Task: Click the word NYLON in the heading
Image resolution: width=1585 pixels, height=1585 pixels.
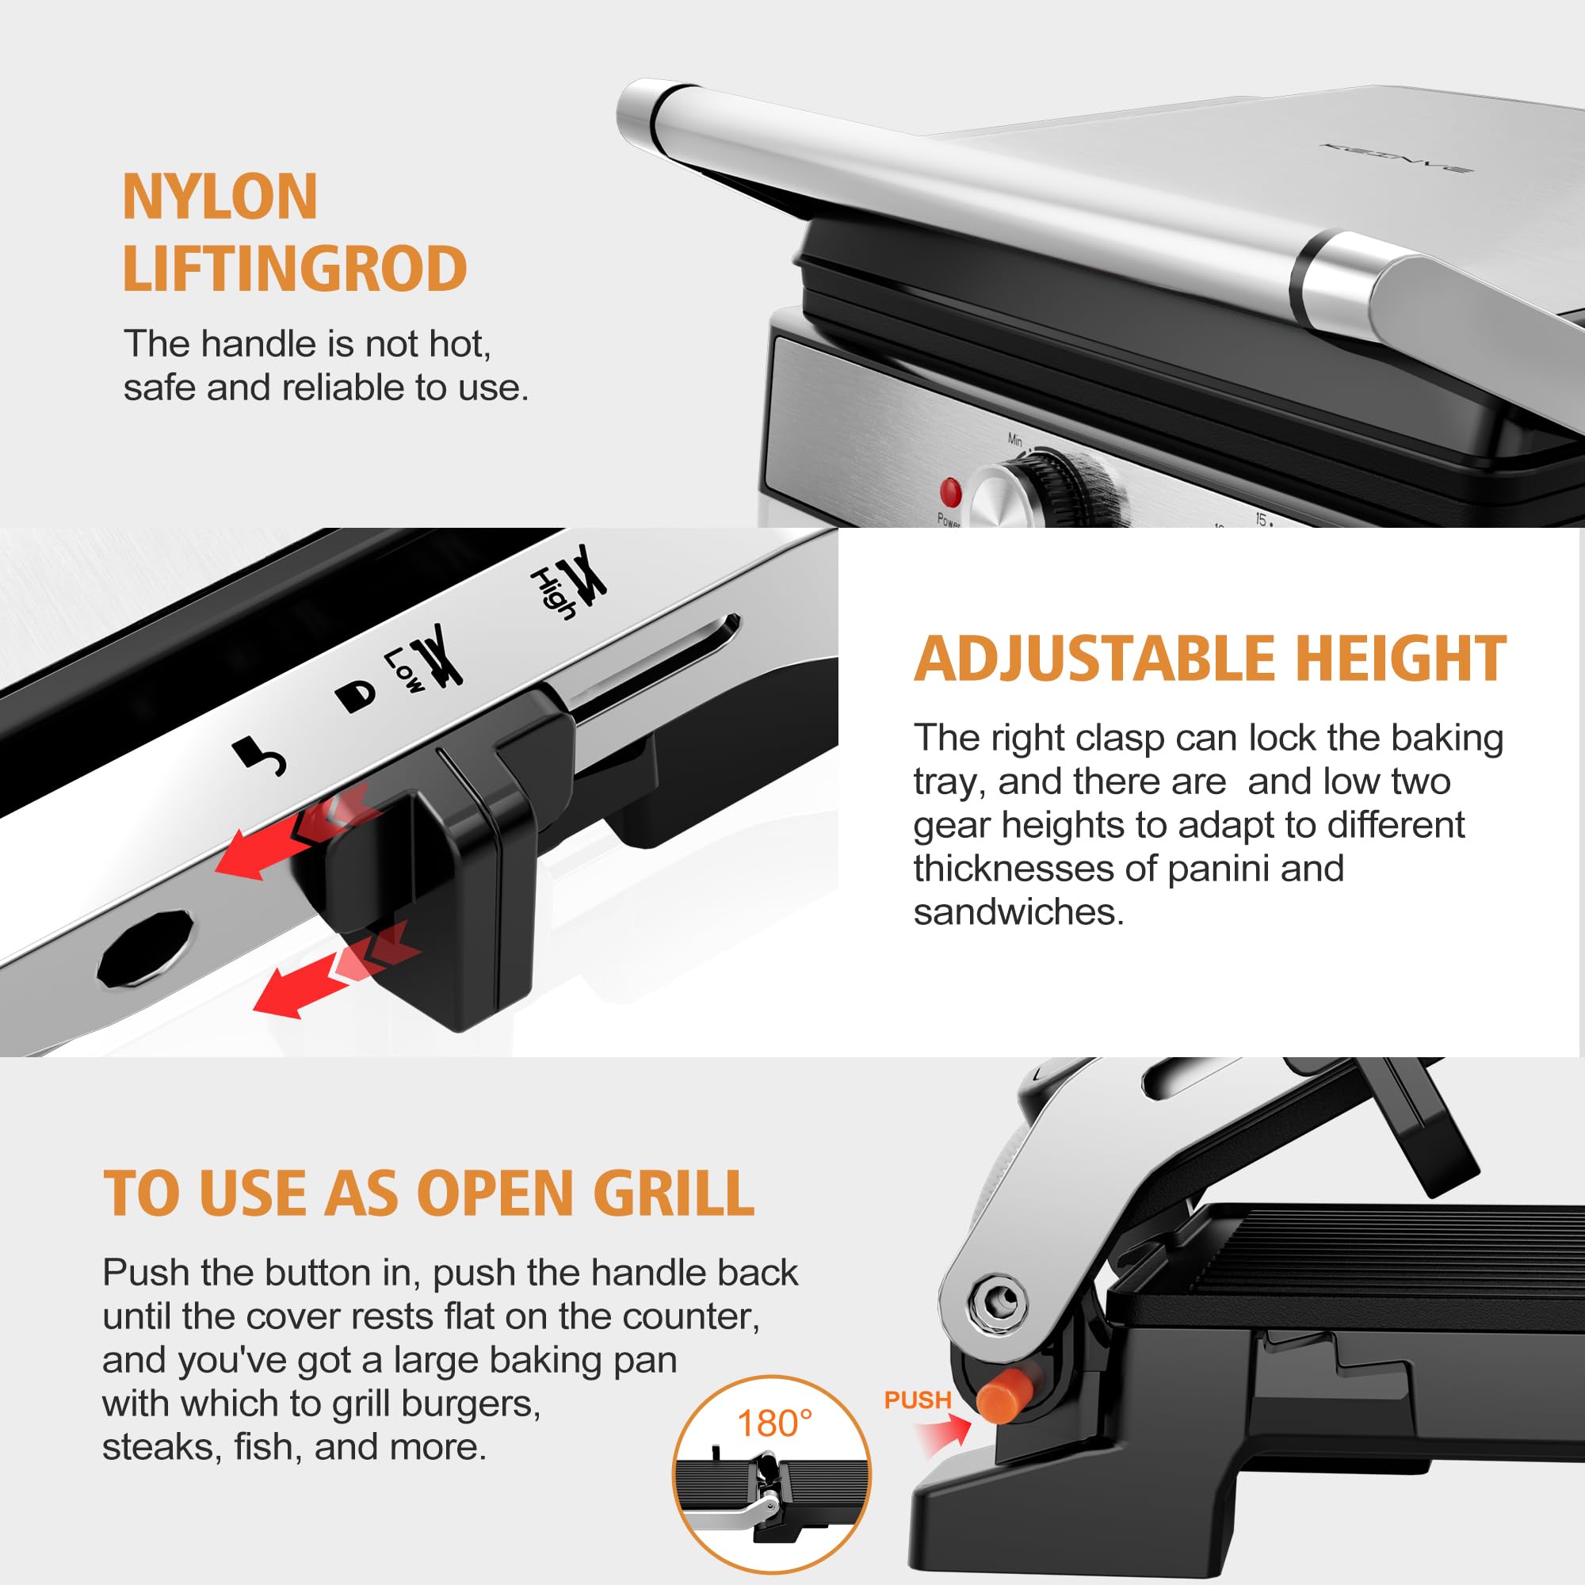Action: click(220, 197)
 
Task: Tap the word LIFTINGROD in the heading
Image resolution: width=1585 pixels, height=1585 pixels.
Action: click(295, 269)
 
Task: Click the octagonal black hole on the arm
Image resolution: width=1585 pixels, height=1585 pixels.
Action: click(146, 948)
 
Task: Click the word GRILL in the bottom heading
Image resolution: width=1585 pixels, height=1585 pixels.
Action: click(673, 1193)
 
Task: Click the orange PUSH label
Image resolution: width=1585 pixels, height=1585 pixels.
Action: click(917, 1400)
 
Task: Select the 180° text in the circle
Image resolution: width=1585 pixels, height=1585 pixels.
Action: click(774, 1424)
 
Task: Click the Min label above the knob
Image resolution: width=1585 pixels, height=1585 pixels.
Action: click(1016, 440)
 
